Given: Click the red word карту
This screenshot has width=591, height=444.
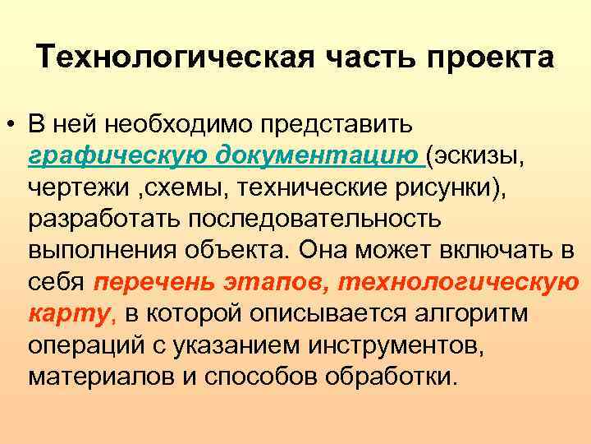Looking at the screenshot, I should (69, 312).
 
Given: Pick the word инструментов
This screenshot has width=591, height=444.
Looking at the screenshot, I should (397, 345).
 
